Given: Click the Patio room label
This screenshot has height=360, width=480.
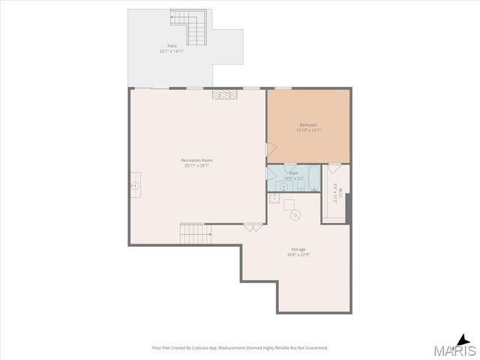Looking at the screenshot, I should pos(172,46).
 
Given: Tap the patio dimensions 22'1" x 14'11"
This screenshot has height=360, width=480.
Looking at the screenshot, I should pos(172,52).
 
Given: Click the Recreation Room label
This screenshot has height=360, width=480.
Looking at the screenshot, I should pos(197,160).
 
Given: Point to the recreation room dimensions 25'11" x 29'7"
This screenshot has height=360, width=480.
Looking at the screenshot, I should pos(197,166).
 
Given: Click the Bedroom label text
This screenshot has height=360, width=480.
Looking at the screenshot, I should pos(308,124).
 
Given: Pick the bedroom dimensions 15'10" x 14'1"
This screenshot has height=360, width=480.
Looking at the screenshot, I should pos(308,130).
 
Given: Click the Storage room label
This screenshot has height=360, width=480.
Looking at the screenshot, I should pos(298,249).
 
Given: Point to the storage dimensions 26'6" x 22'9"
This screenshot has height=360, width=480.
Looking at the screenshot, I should pos(298,255).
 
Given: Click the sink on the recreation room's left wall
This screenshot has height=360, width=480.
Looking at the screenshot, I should pos(136,182).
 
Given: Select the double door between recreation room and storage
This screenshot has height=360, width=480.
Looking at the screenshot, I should pos(250,227).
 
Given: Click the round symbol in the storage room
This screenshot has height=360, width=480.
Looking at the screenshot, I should pos(296,215).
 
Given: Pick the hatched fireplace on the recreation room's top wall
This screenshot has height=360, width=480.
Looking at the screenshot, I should pos(224,94).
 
